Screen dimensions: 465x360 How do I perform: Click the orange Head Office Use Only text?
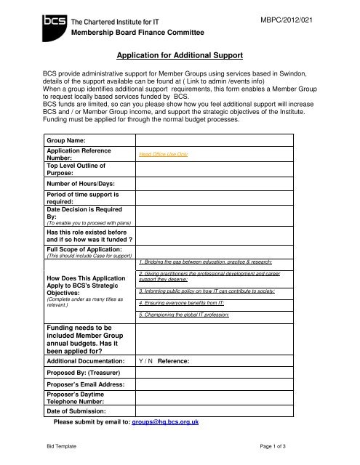pos(164,155)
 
